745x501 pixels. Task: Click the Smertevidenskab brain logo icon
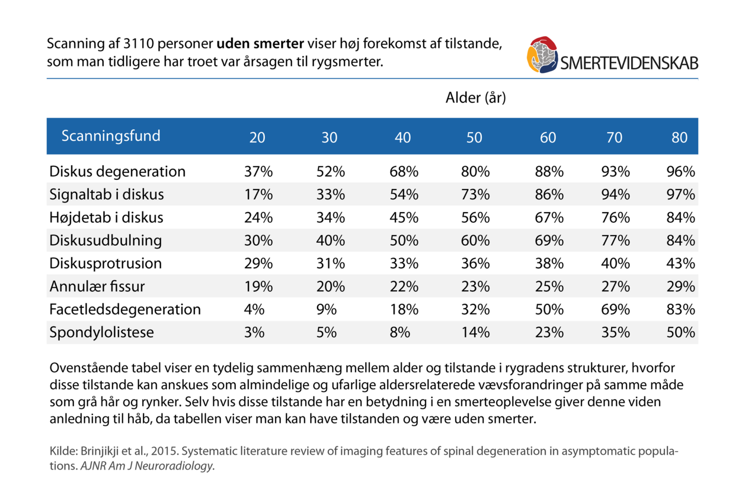tap(542, 55)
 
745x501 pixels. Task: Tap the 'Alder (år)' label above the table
tap(475, 98)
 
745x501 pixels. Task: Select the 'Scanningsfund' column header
tap(111, 136)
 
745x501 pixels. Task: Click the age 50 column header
tap(474, 138)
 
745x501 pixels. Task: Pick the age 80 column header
tap(679, 138)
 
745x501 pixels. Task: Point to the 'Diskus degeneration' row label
tap(117, 172)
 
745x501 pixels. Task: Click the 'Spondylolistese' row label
tap(101, 332)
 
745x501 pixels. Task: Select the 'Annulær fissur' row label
tap(97, 286)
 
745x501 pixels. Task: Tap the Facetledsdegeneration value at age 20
tap(254, 310)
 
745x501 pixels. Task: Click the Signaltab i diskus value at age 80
tap(680, 195)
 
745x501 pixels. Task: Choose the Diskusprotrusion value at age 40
tap(404, 264)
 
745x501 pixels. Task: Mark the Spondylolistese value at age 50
tap(475, 332)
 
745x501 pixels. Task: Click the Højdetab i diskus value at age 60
tap(549, 218)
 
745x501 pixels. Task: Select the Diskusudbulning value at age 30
tap(330, 241)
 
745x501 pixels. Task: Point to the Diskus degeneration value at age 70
tap(615, 172)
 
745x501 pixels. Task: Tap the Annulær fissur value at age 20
tap(258, 286)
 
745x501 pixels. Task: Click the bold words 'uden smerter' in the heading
tap(260, 44)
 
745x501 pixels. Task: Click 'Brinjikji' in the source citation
tap(99, 451)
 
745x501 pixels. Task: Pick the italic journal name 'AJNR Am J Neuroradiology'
tap(147, 466)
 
